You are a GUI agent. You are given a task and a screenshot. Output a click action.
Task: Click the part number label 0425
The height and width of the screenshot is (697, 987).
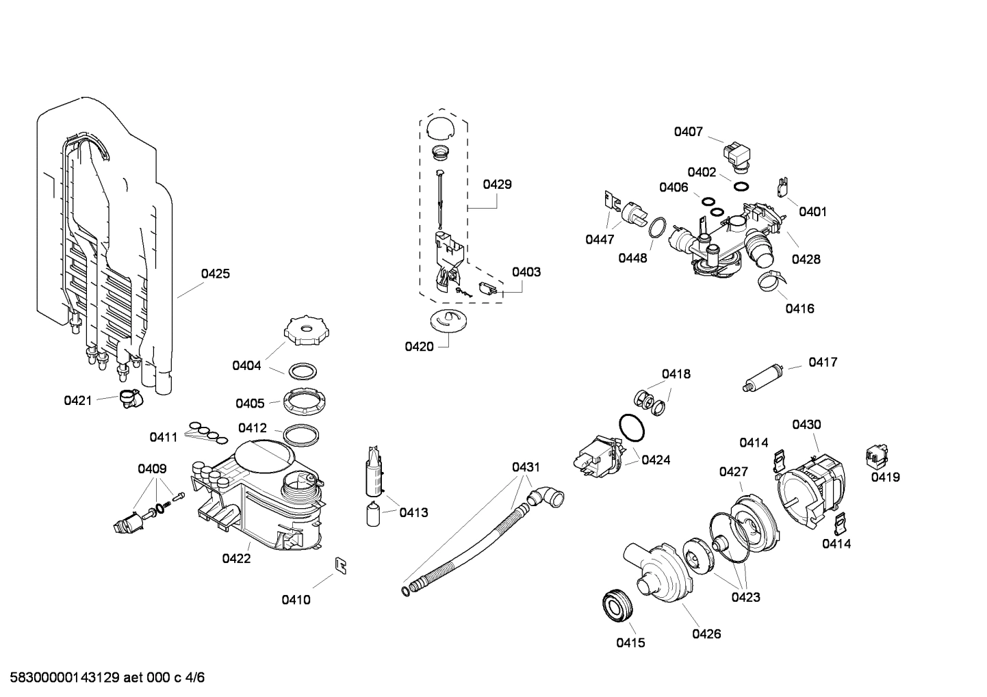[x=215, y=274]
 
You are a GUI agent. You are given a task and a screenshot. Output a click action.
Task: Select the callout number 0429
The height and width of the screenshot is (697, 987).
[x=497, y=184]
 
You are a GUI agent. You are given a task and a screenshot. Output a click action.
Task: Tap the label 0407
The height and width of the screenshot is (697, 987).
[x=688, y=131]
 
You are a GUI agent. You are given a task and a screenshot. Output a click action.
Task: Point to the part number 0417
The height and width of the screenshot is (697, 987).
[x=823, y=362]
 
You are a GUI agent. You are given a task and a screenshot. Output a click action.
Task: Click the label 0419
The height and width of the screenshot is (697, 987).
[x=885, y=477]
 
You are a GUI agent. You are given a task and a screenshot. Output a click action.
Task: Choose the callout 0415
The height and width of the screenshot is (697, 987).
[x=630, y=642]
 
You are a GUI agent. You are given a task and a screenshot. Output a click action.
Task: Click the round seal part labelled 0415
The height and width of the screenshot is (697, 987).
[x=618, y=606]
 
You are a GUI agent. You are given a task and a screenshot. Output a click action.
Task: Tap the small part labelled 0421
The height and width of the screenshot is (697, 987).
[x=128, y=398]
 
